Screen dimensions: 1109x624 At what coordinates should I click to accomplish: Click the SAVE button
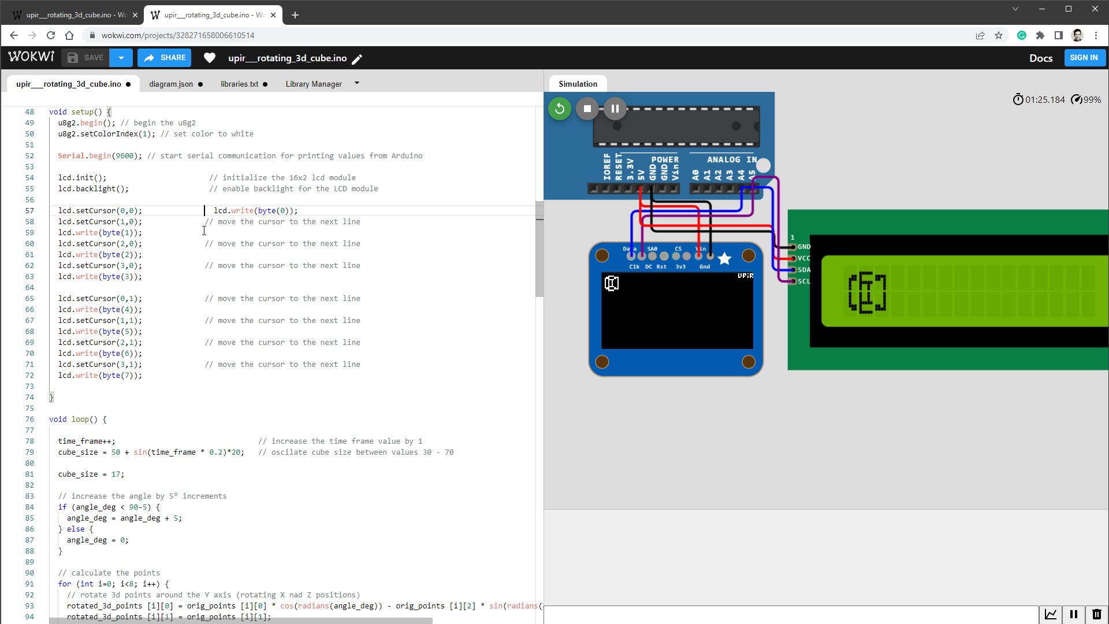pyautogui.click(x=85, y=58)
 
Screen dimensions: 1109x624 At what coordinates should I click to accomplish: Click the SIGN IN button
pyautogui.click(x=1084, y=58)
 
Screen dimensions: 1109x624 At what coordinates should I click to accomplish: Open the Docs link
pyautogui.click(x=1040, y=58)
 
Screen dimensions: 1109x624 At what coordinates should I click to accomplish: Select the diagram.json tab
pyautogui.click(x=171, y=84)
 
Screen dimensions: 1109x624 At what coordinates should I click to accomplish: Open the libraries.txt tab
pyautogui.click(x=239, y=84)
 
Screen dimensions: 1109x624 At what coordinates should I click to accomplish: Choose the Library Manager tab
pyautogui.click(x=314, y=84)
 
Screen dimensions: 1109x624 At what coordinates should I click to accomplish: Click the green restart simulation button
pyautogui.click(x=559, y=109)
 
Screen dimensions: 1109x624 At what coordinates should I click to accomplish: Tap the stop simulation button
pyautogui.click(x=587, y=109)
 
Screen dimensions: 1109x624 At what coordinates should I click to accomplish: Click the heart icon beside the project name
pyautogui.click(x=210, y=58)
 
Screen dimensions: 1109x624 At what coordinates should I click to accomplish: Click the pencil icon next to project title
pyautogui.click(x=358, y=59)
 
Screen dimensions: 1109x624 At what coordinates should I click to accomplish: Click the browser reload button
pyautogui.click(x=51, y=35)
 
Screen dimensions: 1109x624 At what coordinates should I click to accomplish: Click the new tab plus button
pyautogui.click(x=295, y=15)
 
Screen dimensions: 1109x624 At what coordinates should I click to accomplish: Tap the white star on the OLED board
pyautogui.click(x=724, y=259)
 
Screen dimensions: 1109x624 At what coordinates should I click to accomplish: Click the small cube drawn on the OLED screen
pyautogui.click(x=612, y=283)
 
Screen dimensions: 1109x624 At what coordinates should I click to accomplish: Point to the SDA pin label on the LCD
pyautogui.click(x=803, y=270)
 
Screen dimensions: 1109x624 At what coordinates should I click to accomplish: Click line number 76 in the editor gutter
pyautogui.click(x=29, y=419)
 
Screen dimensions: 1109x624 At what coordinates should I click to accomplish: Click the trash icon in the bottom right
pyautogui.click(x=1096, y=614)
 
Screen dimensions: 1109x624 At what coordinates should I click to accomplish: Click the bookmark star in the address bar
pyautogui.click(x=999, y=35)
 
